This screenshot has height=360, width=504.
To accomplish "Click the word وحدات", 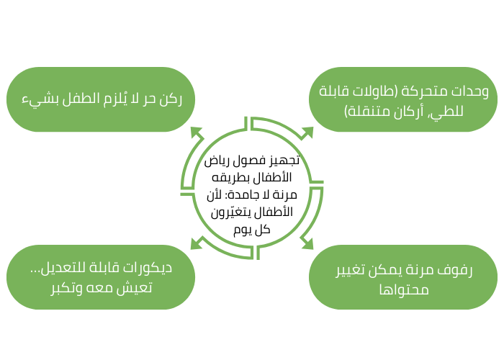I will (472, 91).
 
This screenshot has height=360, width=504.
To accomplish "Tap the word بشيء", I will (35, 99).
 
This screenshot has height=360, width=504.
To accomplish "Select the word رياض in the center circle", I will (213, 161).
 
